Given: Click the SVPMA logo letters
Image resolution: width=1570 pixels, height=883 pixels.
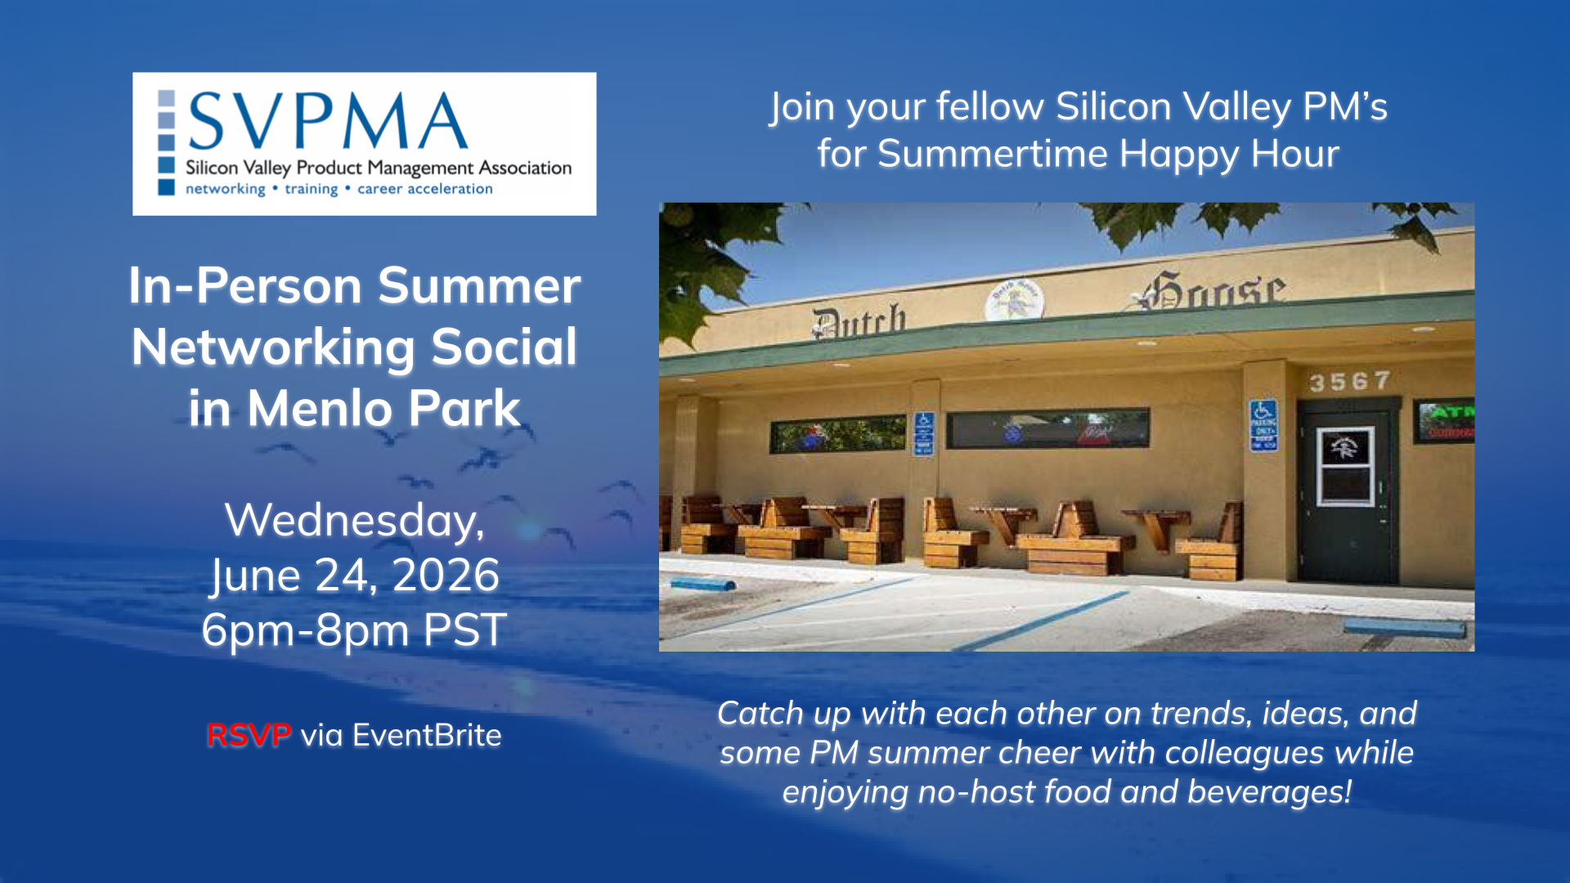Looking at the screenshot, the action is (328, 120).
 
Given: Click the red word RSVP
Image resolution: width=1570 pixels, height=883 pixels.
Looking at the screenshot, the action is (249, 735).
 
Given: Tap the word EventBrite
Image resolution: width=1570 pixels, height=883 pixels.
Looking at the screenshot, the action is (427, 735).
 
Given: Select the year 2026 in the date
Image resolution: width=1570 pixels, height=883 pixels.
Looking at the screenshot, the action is (446, 575).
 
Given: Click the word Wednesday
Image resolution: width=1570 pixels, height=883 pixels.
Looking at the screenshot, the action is (354, 521).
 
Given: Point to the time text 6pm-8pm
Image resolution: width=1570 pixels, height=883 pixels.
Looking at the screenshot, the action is (305, 630).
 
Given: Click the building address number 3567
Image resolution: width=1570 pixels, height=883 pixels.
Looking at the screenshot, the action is (1349, 381).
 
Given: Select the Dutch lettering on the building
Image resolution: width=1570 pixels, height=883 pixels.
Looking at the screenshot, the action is (859, 321).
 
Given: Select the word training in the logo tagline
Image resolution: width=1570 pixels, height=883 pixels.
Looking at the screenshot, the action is (311, 190).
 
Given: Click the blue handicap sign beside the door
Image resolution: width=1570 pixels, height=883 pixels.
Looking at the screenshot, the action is (1263, 424).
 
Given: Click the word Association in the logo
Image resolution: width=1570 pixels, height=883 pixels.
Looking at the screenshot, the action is (525, 168).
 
